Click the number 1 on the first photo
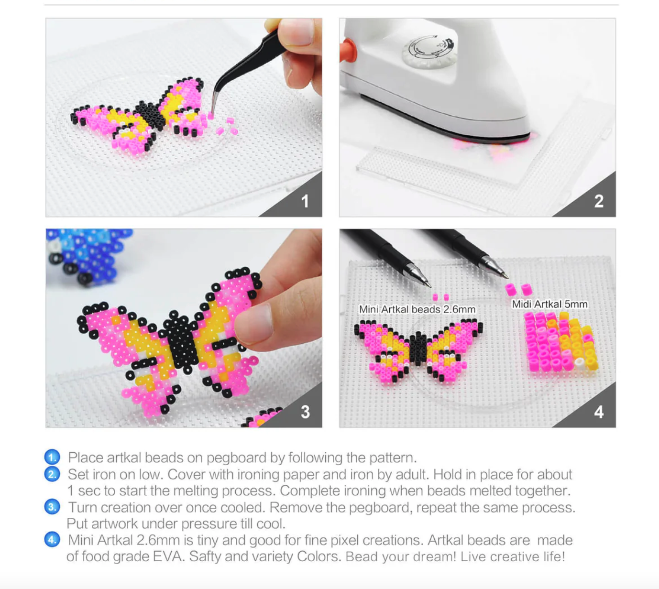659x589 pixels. coord(305,201)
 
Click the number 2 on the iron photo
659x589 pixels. coord(599,201)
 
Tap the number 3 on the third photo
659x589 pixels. coord(305,412)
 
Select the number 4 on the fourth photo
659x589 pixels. coord(599,412)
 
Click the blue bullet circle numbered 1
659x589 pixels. coord(52,457)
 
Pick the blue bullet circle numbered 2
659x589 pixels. coord(52,474)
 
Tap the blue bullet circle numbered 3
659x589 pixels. coord(52,507)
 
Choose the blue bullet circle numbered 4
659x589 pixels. coord(52,540)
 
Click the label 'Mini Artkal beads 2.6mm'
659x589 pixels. coord(417,309)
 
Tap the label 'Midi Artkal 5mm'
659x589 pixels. coord(549,304)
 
